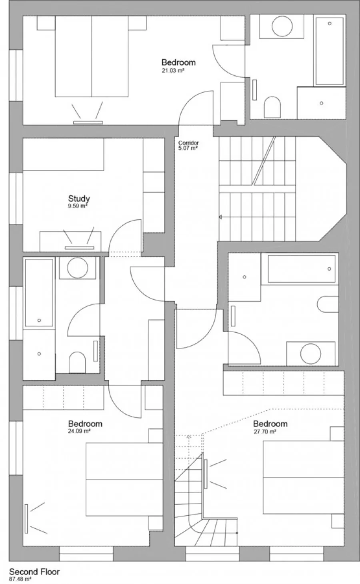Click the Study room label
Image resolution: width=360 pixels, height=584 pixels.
79,199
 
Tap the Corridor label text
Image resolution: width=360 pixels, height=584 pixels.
188,143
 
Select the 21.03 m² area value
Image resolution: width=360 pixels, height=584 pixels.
173,70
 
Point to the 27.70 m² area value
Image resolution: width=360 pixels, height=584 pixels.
265,431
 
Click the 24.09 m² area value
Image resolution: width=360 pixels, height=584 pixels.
79,431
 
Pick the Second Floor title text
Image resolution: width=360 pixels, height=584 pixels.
34,572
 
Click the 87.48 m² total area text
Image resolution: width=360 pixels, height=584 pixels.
20,579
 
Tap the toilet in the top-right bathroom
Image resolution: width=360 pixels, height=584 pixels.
272,107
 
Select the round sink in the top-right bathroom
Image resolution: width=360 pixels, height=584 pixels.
282,26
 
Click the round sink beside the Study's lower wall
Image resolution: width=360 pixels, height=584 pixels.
77,268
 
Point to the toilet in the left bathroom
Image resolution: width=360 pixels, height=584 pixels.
77,362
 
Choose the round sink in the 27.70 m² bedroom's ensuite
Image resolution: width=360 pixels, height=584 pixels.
310,354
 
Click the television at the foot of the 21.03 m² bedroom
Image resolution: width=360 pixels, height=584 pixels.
88,122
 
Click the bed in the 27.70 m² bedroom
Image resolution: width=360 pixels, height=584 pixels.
304,478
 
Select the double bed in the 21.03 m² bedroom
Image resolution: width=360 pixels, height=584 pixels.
92,56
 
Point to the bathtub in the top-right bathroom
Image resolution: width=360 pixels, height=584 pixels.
330,51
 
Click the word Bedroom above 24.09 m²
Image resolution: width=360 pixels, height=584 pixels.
85,423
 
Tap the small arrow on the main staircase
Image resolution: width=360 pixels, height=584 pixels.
220,217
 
